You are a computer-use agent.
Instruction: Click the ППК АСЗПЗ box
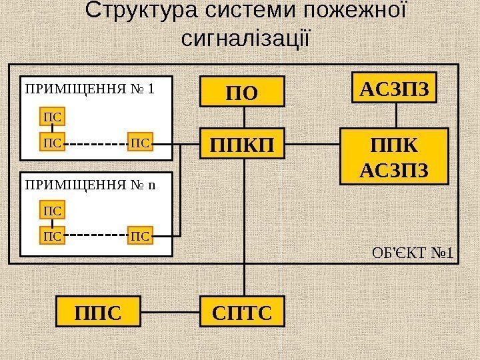tap(394, 157)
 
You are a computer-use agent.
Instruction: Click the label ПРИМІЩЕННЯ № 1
tap(89, 87)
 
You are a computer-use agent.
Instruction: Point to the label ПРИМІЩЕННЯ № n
tap(89, 183)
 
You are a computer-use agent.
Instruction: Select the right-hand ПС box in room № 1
tap(141, 141)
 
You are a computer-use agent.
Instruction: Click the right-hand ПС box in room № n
tap(141, 235)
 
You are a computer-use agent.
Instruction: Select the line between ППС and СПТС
tap(171, 313)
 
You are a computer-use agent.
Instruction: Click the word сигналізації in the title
tap(246, 37)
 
